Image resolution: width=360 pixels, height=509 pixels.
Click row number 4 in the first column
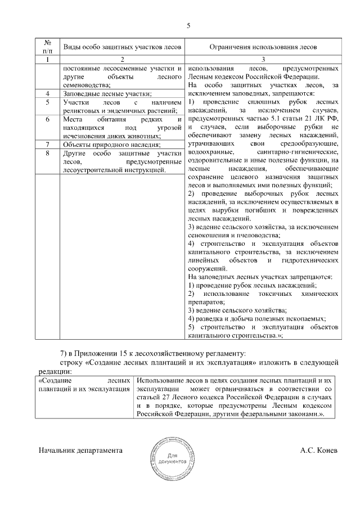pyautogui.click(x=48, y=93)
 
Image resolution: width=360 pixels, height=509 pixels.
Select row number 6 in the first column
pyautogui.click(x=48, y=120)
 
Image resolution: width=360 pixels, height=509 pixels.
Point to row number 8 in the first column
pyautogui.click(x=48, y=153)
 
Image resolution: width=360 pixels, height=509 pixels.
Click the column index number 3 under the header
pyautogui.click(x=263, y=59)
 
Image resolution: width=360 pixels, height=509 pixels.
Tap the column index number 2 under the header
pyautogui.click(x=121, y=59)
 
